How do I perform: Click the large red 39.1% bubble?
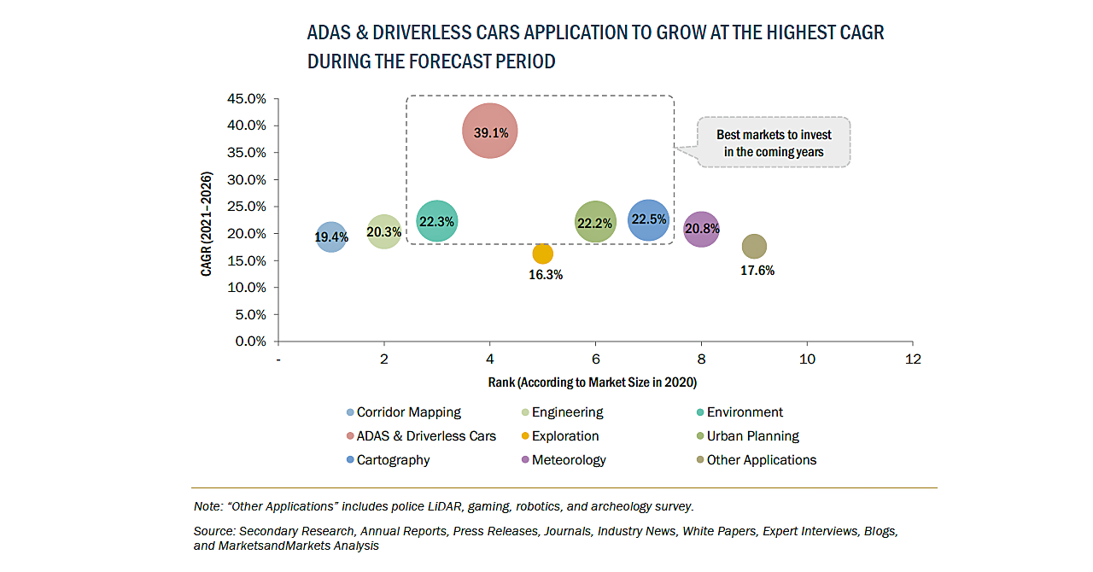click(x=490, y=131)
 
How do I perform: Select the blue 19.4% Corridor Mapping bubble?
click(x=331, y=236)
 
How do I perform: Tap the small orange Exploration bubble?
click(x=542, y=254)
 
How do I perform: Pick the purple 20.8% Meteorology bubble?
click(x=701, y=229)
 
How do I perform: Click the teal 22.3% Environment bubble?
click(x=437, y=221)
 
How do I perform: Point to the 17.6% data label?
click(x=757, y=271)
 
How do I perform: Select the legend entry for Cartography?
click(x=393, y=460)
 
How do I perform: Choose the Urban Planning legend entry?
click(x=752, y=436)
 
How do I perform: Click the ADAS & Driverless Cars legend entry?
click(x=425, y=436)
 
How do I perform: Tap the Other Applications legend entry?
click(x=761, y=460)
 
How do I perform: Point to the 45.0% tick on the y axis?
click(x=246, y=99)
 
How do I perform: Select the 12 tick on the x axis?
click(x=913, y=359)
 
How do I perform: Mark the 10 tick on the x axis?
click(x=807, y=359)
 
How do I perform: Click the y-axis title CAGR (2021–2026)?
click(x=207, y=224)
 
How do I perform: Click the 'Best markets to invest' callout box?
click(x=774, y=143)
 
